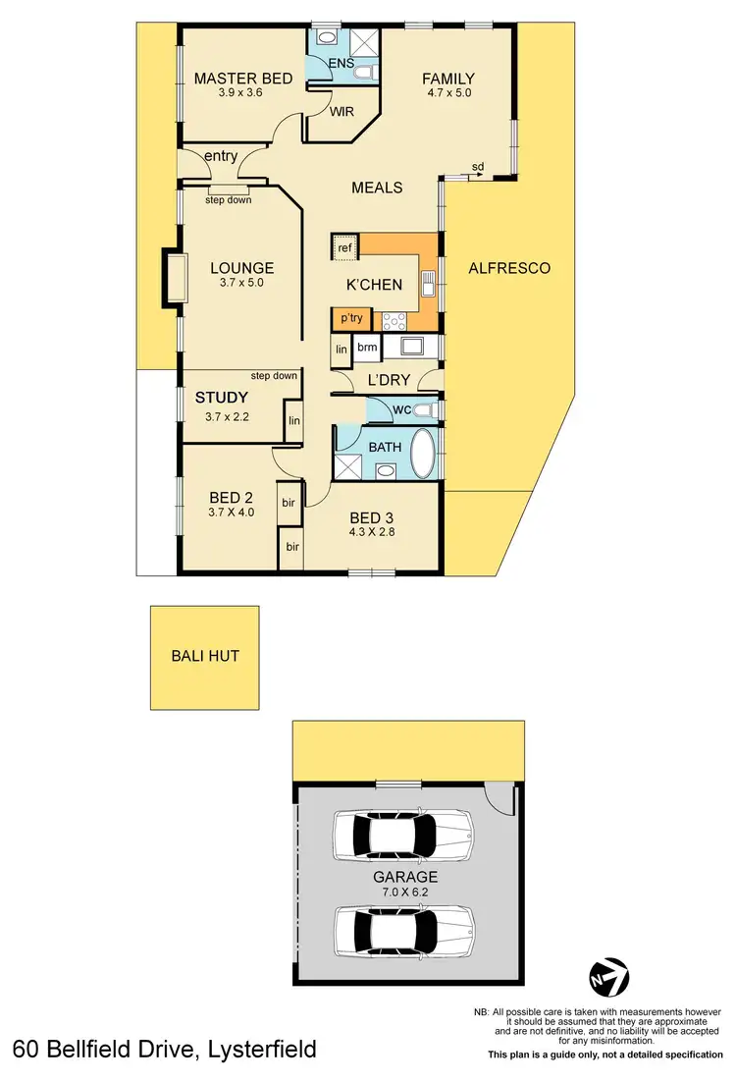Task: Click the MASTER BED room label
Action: coord(243,79)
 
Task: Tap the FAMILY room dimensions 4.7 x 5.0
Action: coord(448,95)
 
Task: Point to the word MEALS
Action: coord(378,187)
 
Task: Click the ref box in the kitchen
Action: coord(344,247)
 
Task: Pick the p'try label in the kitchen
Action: coord(349,318)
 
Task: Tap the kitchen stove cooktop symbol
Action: coord(394,319)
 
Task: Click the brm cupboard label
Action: coord(367,347)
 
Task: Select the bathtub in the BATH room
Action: coord(425,453)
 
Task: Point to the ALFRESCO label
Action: coord(508,267)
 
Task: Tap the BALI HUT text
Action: coord(205,656)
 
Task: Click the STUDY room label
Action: coord(222,398)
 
